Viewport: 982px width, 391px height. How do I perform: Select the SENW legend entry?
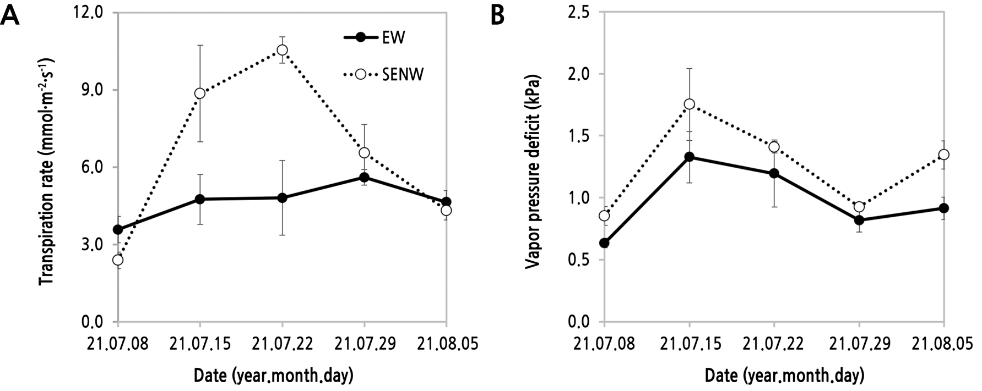(403, 74)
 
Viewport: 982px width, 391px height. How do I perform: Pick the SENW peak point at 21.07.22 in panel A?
(282, 50)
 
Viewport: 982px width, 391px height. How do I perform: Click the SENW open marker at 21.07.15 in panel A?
(200, 93)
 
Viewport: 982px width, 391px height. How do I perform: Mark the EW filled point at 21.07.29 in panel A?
(364, 177)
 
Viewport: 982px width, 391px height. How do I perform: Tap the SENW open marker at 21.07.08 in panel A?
(117, 260)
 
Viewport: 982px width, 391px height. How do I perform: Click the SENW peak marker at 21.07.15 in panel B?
(689, 104)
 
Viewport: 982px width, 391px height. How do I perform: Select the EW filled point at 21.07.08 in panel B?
(604, 243)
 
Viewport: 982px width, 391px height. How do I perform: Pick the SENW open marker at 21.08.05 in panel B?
(943, 155)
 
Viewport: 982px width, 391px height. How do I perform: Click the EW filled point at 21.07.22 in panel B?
(774, 173)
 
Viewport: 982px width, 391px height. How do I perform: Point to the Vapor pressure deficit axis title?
(532, 170)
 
